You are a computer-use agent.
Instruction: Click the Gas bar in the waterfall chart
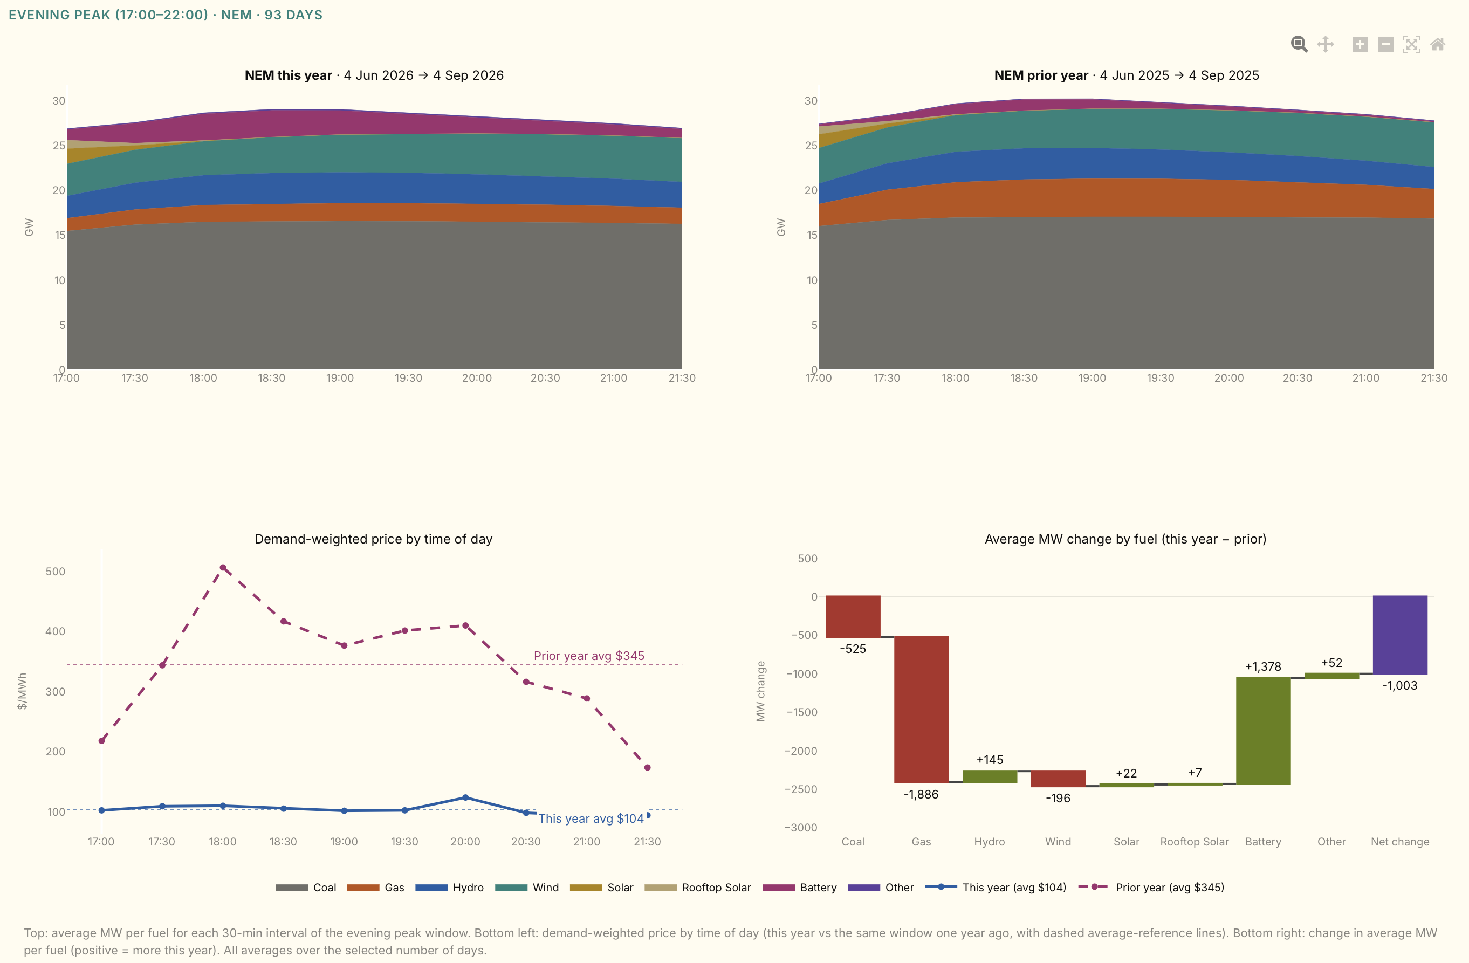[921, 709]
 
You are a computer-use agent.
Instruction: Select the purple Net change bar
[1400, 635]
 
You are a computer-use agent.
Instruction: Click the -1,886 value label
[921, 794]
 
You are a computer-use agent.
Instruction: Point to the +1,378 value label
[1263, 666]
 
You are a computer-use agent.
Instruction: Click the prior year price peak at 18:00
[223, 567]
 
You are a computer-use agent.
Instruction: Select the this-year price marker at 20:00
[465, 797]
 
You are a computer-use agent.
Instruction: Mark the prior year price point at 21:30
[648, 767]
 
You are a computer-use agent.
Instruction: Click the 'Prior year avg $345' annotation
[589, 656]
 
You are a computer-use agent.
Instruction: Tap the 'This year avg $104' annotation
[591, 818]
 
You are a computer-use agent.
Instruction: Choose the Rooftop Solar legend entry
[697, 887]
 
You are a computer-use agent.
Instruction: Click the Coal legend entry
[306, 887]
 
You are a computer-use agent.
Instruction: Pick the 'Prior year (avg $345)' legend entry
[1151, 887]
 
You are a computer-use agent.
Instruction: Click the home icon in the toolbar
[1438, 44]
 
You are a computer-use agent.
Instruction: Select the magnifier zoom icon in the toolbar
[1299, 44]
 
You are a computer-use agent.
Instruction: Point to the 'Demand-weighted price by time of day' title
[373, 539]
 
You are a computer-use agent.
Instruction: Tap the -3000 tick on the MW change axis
[800, 828]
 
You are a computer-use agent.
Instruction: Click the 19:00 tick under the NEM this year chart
[340, 378]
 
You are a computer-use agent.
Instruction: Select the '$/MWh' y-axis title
[22, 691]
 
